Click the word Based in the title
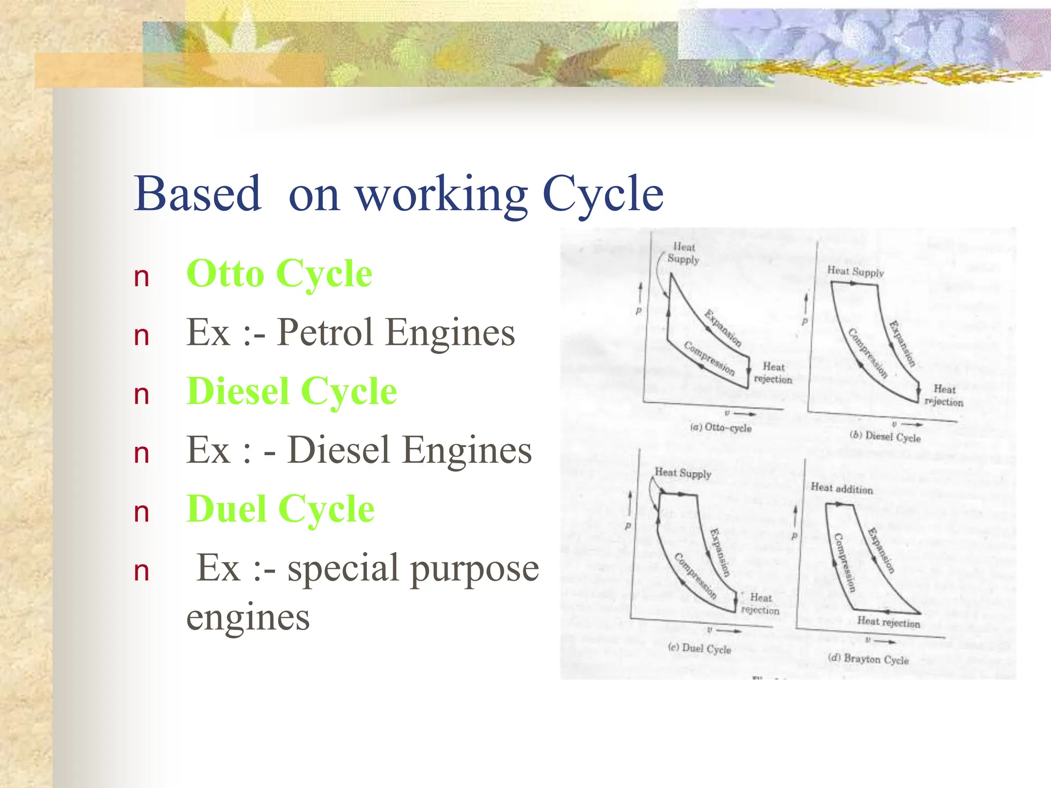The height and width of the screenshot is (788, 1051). pyautogui.click(x=198, y=194)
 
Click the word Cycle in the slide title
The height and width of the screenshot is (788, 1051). pyautogui.click(x=603, y=194)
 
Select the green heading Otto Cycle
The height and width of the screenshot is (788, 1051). pyautogui.click(x=279, y=274)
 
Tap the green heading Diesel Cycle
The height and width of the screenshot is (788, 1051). pyautogui.click(x=291, y=392)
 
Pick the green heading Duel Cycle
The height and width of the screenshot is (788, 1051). pyautogui.click(x=280, y=509)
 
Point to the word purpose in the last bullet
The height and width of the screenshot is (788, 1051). pyautogui.click(x=475, y=568)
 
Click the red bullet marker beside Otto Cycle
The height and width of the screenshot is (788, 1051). pyautogui.click(x=141, y=278)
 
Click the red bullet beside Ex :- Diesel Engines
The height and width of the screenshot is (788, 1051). pyautogui.click(x=141, y=454)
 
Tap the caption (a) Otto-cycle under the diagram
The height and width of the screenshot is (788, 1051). pyautogui.click(x=721, y=427)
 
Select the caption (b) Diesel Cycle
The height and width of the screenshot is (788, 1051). pyautogui.click(x=885, y=437)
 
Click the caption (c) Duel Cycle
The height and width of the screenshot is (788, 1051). pyautogui.click(x=699, y=648)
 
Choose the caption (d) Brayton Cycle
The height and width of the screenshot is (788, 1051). pyautogui.click(x=868, y=659)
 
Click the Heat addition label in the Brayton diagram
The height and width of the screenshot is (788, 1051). pyautogui.click(x=842, y=488)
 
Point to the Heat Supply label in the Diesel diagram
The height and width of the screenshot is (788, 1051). pyautogui.click(x=855, y=271)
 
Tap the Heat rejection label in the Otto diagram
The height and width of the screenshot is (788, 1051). pyautogui.click(x=773, y=373)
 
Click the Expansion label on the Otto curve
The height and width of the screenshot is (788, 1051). pyautogui.click(x=723, y=328)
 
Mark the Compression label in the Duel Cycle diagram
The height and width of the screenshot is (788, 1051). pyautogui.click(x=695, y=576)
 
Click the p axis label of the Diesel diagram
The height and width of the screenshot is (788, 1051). pyautogui.click(x=805, y=322)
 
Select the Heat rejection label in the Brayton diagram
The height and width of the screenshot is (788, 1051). pyautogui.click(x=889, y=622)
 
